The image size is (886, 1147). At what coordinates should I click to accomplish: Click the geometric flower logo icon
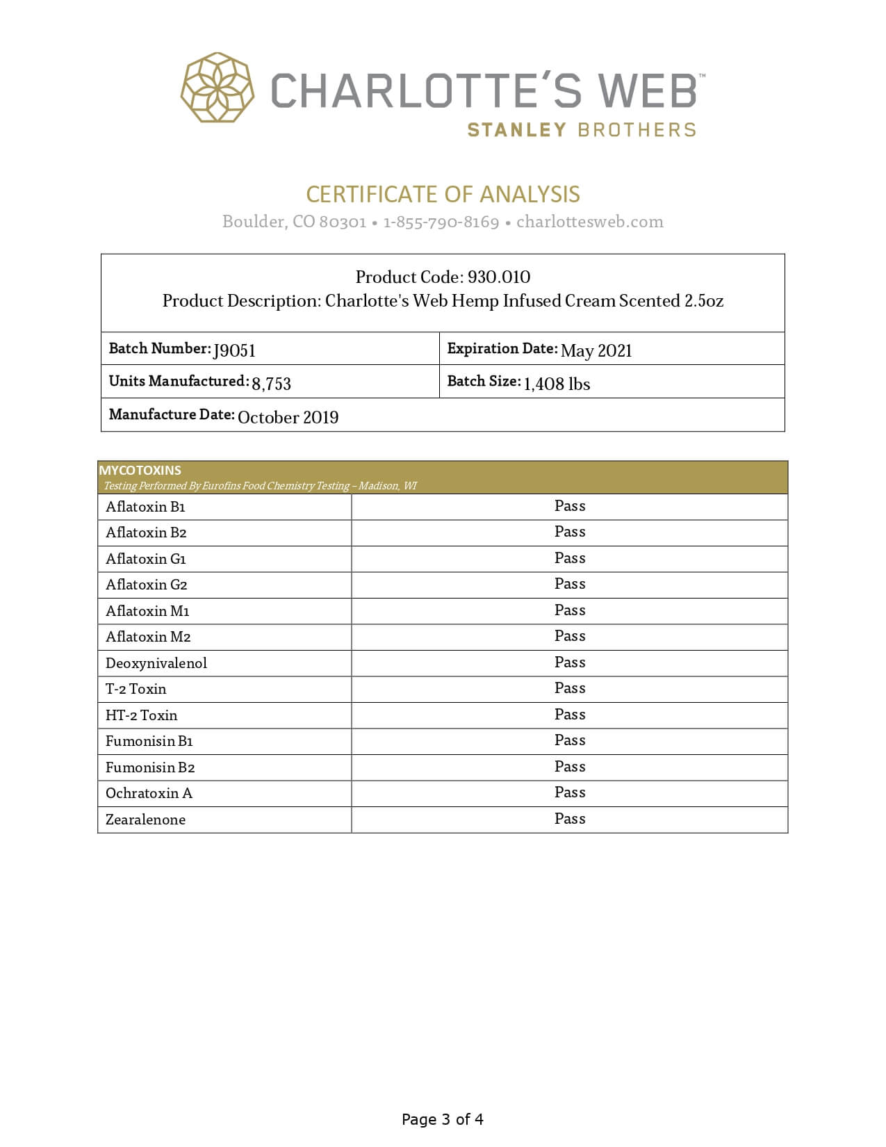(218, 88)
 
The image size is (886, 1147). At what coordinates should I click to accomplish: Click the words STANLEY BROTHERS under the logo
(581, 130)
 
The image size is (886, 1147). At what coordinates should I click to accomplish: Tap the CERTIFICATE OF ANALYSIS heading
(443, 194)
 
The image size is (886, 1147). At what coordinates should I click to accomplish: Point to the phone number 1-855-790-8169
(441, 222)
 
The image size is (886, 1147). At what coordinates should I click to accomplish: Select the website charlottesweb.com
(589, 222)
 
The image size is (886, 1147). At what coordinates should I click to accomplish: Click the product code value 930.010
(499, 277)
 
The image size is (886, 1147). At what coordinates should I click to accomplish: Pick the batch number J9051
(234, 350)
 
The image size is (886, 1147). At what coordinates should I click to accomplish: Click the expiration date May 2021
(596, 350)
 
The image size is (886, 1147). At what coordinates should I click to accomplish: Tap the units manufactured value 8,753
(271, 383)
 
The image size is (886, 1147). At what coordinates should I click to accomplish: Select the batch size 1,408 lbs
(557, 384)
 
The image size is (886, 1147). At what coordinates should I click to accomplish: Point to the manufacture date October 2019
(288, 417)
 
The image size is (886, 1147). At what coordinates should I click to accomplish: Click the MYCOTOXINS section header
(140, 470)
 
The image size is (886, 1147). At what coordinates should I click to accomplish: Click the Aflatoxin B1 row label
(145, 507)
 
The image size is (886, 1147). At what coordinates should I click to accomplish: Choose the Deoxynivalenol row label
(156, 663)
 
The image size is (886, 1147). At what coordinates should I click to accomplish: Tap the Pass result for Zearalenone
(570, 819)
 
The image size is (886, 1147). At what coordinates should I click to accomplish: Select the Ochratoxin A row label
(149, 793)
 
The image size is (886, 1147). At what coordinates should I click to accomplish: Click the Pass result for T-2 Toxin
(570, 688)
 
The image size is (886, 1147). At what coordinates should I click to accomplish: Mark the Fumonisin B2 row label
(150, 767)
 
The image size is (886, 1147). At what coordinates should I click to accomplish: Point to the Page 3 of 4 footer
(443, 1119)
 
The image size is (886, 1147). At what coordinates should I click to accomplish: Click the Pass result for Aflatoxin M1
(570, 610)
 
